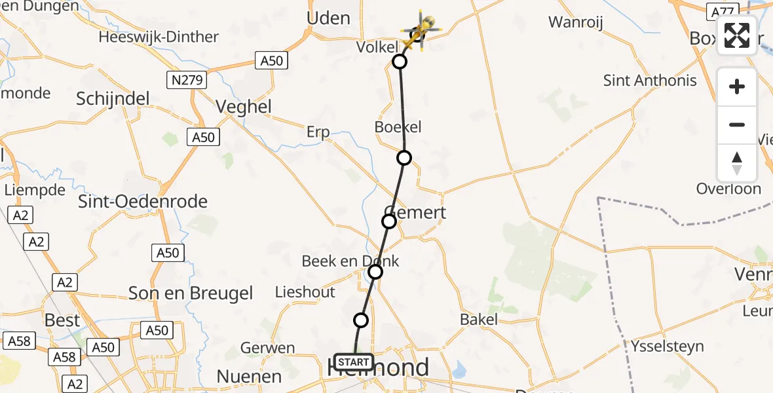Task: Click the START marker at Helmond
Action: pyautogui.click(x=354, y=362)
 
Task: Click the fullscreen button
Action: pyautogui.click(x=737, y=35)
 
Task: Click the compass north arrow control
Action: pyautogui.click(x=737, y=163)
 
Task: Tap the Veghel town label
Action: pyautogui.click(x=244, y=107)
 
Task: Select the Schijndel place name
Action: pyautogui.click(x=113, y=99)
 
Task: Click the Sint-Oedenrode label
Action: pyautogui.click(x=143, y=201)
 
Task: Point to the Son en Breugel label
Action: pyautogui.click(x=191, y=293)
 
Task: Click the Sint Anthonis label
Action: pyautogui.click(x=650, y=81)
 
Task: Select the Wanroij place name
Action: pyautogui.click(x=576, y=22)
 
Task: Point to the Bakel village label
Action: pyautogui.click(x=478, y=320)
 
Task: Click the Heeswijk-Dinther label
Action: pyautogui.click(x=159, y=37)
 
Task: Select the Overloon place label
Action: pyautogui.click(x=728, y=189)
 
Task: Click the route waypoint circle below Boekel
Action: pyautogui.click(x=404, y=158)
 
